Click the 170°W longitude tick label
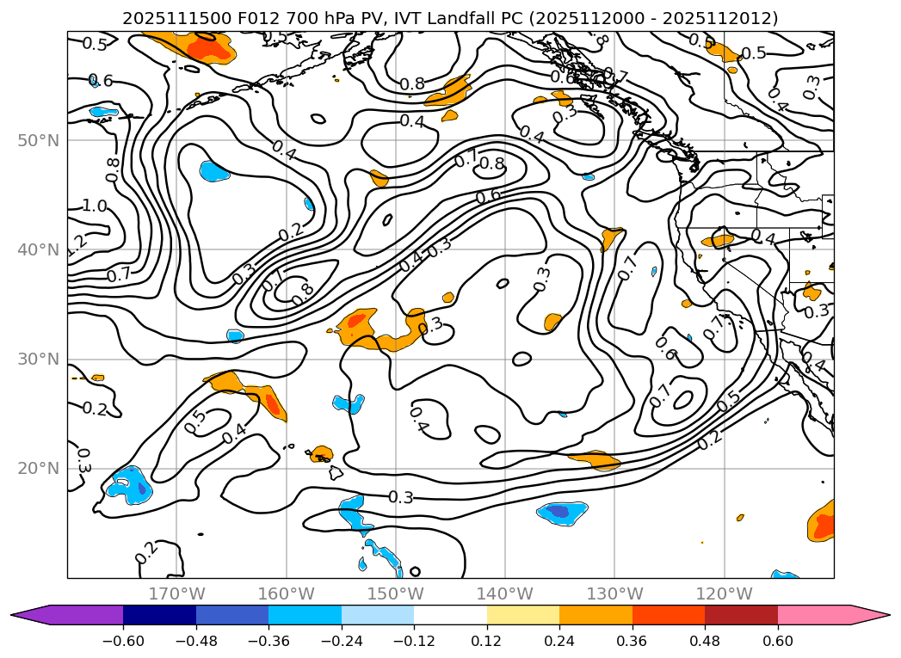point(176,593)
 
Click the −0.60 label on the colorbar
point(123,641)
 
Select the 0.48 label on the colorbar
point(705,641)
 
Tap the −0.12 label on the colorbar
point(414,641)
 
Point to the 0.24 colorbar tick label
point(559,641)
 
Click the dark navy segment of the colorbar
point(159,614)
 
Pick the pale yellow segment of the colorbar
point(522,614)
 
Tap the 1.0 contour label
point(95,206)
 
